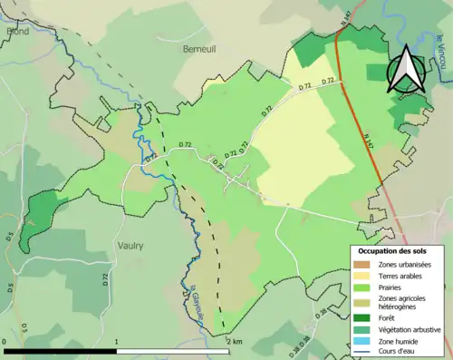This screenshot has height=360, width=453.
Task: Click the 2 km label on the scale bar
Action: (234, 342)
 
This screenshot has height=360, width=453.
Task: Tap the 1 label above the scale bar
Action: (118, 342)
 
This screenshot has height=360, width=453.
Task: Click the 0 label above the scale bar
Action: (5, 342)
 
